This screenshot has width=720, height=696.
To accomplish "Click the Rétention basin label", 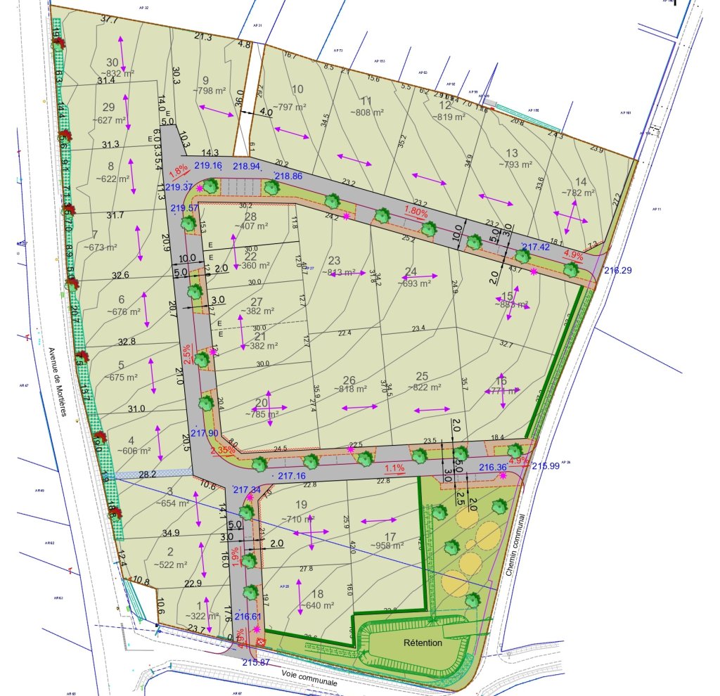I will coord(423,643).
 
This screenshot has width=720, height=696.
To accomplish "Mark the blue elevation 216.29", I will coord(617,270).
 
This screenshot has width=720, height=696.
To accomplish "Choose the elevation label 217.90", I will coord(204,433).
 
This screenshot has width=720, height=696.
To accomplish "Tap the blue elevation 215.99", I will coord(546,465).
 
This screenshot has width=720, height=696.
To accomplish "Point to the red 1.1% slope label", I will coord(395,468).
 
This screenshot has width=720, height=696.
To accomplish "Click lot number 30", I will coord(112,62).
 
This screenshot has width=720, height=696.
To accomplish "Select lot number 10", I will coord(297,89).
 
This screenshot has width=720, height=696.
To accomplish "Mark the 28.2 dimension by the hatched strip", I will coord(147,475).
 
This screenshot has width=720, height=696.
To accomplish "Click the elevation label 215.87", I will coord(256,662).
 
